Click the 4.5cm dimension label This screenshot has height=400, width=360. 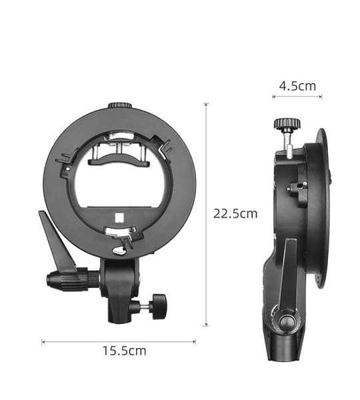click(297, 86)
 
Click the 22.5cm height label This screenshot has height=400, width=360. click(235, 213)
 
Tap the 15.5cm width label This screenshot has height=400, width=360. click(124, 351)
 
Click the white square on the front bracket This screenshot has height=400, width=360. click(119, 218)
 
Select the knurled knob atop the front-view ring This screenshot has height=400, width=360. click(119, 105)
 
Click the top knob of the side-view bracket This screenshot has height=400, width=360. click(287, 124)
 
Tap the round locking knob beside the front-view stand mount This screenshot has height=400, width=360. click(159, 307)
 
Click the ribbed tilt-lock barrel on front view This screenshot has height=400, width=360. click(73, 279)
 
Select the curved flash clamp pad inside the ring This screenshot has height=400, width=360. click(118, 160)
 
